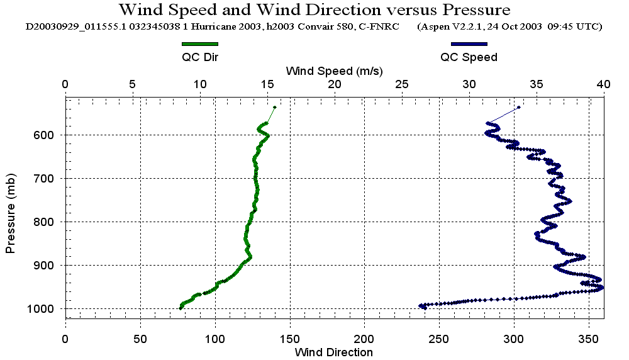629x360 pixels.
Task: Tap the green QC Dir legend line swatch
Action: (199, 44)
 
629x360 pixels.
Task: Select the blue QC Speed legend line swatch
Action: (469, 44)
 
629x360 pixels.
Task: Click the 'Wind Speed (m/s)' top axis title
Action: (334, 70)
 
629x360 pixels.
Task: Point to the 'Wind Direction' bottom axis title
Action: (334, 352)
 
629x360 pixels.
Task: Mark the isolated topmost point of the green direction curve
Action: (275, 107)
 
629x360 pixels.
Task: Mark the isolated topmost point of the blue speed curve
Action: (519, 107)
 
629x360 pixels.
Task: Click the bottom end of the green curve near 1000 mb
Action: (181, 308)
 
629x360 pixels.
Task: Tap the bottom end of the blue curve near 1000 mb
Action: (421, 306)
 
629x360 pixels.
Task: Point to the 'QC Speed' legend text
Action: (469, 57)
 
